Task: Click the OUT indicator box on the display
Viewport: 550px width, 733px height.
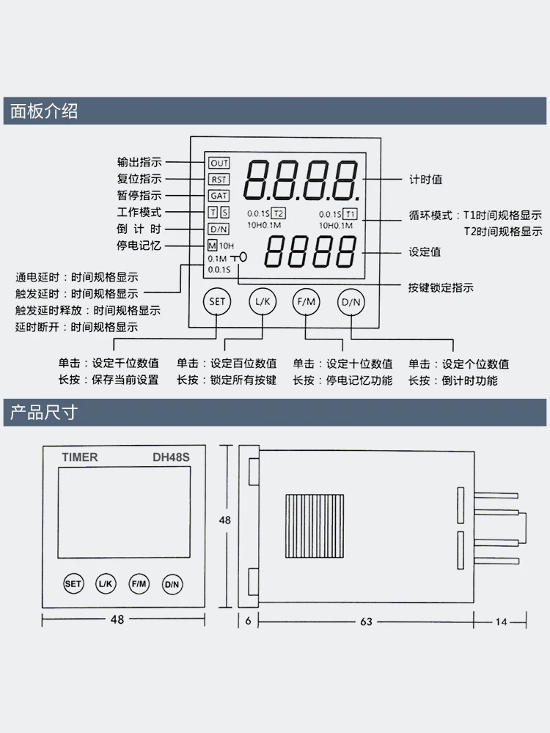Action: click(219, 163)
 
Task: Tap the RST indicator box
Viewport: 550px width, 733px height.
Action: click(219, 180)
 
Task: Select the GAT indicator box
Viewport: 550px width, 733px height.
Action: click(219, 196)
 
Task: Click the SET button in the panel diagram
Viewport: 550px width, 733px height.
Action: click(217, 301)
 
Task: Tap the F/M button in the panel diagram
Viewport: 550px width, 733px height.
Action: click(307, 301)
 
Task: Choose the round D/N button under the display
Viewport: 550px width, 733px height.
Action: click(351, 302)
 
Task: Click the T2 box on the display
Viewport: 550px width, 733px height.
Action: click(278, 213)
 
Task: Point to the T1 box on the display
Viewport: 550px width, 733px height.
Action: click(351, 214)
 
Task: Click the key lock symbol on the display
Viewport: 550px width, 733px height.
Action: click(239, 257)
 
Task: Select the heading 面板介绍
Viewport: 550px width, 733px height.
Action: click(44, 111)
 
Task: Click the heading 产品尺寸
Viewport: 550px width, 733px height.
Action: click(44, 413)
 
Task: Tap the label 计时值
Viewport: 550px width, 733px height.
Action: click(425, 179)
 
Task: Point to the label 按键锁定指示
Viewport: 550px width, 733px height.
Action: click(441, 287)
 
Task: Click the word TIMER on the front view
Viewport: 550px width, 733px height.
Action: click(80, 457)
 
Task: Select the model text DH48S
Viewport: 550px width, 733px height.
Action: click(171, 457)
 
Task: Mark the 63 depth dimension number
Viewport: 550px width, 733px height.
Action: click(366, 622)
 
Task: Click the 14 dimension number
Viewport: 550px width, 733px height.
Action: click(502, 622)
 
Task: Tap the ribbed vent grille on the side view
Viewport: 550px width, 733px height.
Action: click(315, 526)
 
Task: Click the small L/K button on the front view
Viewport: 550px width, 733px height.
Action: click(106, 584)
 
